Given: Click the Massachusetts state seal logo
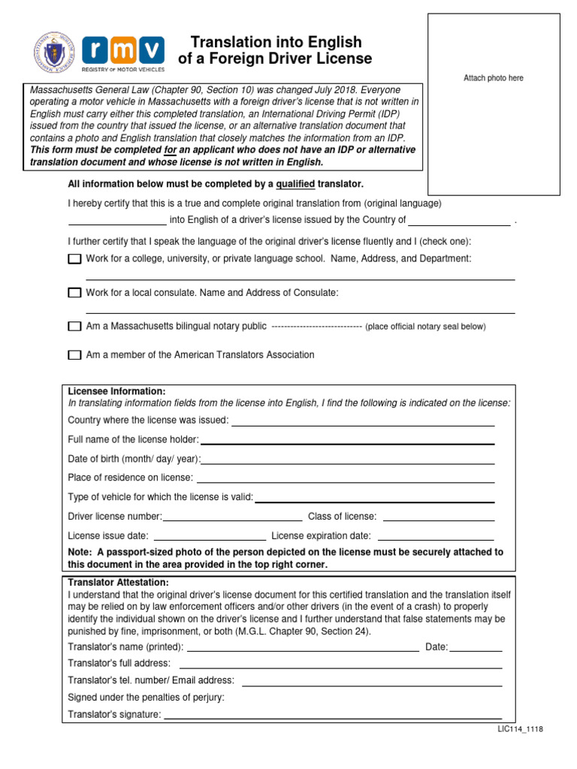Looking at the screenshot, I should click(54, 53).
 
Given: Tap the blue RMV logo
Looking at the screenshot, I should click(123, 51).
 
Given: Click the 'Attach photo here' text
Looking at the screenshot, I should click(494, 78).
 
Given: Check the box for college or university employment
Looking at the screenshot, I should click(74, 259).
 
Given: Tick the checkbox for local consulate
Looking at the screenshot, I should click(74, 293).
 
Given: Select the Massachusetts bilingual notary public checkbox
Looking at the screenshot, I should click(74, 327).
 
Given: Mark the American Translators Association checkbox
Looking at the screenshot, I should click(74, 355).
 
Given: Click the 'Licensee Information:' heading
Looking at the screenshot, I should click(116, 391).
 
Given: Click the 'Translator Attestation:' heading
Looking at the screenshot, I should click(119, 582).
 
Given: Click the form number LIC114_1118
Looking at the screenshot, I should click(520, 729).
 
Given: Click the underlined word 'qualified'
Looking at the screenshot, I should click(295, 184).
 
